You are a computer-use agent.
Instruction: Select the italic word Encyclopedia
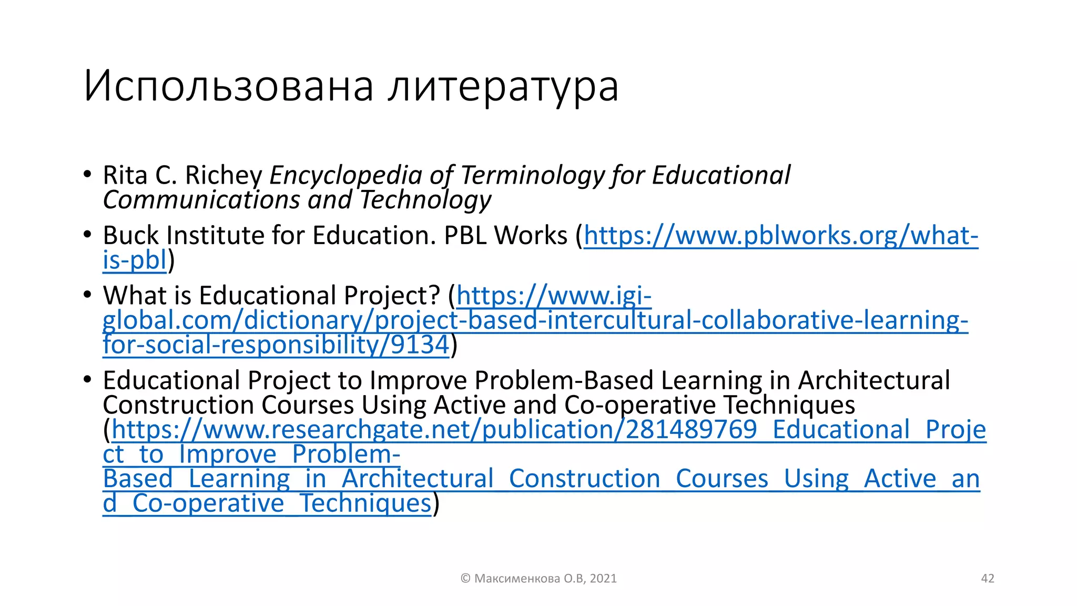[346, 175]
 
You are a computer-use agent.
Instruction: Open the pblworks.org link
[781, 235]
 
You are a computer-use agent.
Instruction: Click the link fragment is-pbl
[135, 260]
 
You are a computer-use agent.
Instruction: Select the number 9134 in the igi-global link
[420, 345]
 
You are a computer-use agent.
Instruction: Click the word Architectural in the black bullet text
[873, 380]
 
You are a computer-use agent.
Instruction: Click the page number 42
[988, 579]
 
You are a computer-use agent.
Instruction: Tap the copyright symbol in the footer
[465, 579]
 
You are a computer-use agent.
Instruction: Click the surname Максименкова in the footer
[517, 579]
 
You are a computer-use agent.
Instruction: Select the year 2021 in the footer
[603, 579]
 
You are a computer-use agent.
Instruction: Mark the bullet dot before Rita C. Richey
[87, 175]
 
